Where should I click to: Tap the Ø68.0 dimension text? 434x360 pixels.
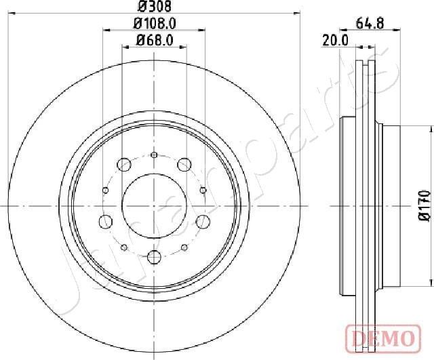(154, 40)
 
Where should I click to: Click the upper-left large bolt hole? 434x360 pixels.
(123, 163)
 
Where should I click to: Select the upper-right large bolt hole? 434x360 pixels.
(183, 163)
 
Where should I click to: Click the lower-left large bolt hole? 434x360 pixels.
(106, 220)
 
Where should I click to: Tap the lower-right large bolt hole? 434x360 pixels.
(202, 220)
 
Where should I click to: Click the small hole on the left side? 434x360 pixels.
(105, 190)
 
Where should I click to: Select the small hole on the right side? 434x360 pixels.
(203, 190)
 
